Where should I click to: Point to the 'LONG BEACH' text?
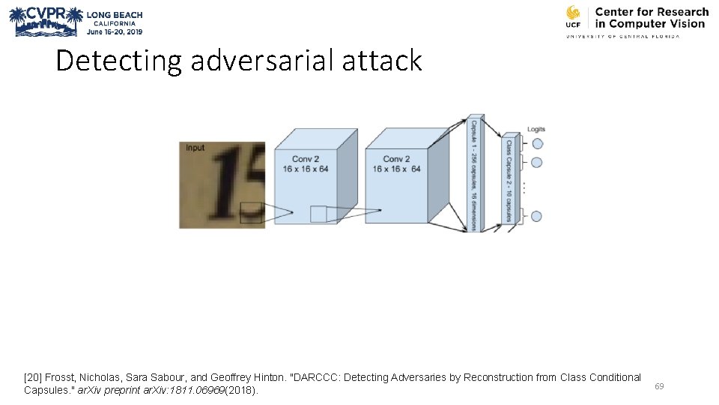coord(115,15)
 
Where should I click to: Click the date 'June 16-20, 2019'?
coord(114,32)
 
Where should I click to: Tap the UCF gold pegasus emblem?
coord(573,13)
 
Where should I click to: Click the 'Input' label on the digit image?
coord(195,148)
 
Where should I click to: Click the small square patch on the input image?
coord(251,213)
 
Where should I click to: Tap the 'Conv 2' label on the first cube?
coord(306,159)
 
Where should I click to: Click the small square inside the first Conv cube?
coord(318,214)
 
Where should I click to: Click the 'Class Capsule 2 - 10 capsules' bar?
coord(509,180)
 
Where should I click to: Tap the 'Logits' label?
coord(536,129)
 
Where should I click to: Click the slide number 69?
coord(659,386)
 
